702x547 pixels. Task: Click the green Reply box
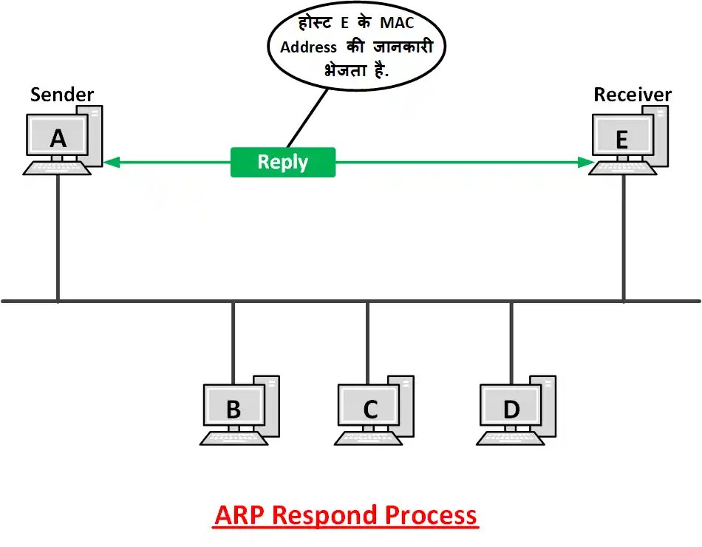point(283,162)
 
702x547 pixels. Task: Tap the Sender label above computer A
point(62,95)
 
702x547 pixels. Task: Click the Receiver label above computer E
point(633,95)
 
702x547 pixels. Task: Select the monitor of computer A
point(58,137)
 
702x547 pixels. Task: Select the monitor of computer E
point(622,137)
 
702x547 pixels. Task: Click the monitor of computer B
point(233,408)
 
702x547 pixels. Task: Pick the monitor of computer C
point(370,408)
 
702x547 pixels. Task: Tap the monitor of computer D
point(511,408)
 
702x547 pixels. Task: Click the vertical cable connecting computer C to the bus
point(367,340)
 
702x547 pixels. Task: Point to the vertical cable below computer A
point(58,237)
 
